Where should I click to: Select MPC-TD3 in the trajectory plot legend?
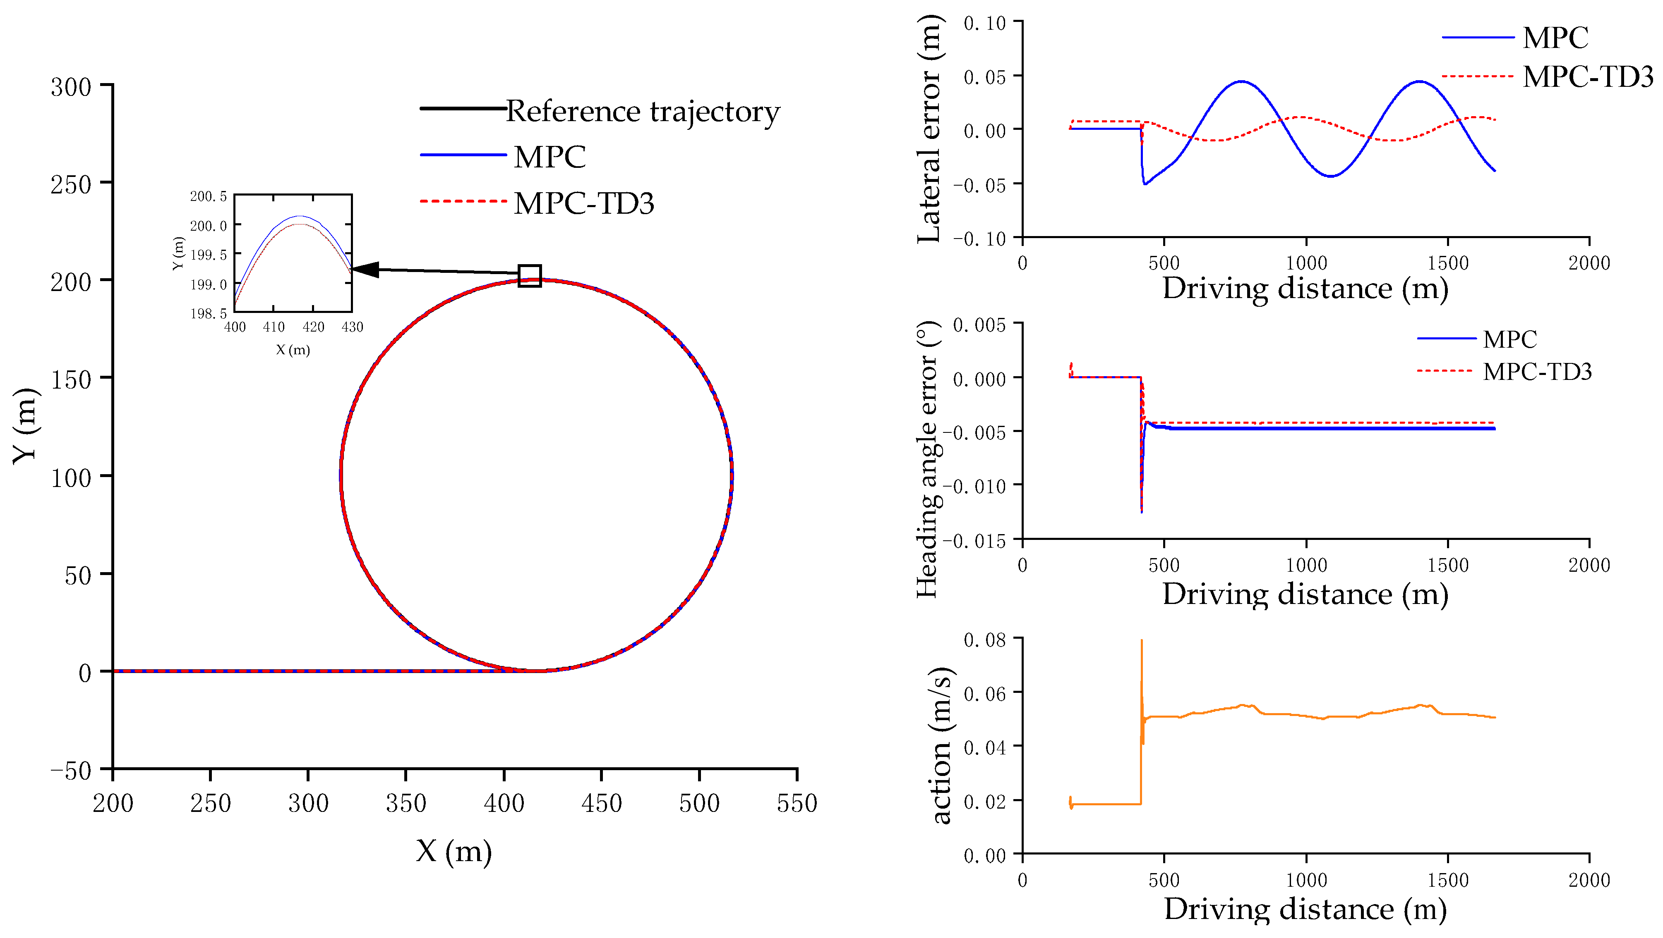coord(583,203)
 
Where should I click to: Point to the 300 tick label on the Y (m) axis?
coord(71,86)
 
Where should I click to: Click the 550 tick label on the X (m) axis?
coord(797,803)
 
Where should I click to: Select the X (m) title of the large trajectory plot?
coord(453,852)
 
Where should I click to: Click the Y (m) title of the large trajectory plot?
coord(26,426)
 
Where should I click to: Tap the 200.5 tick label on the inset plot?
coord(208,196)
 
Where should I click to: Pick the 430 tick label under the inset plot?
coord(352,327)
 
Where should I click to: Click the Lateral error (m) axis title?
coord(929,129)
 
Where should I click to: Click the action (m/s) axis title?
coord(941,745)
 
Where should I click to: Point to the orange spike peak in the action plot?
coord(1141,641)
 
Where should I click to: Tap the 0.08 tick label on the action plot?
coord(984,640)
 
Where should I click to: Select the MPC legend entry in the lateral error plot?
coord(1555,38)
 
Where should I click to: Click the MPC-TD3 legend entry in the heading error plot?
coord(1536,372)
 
